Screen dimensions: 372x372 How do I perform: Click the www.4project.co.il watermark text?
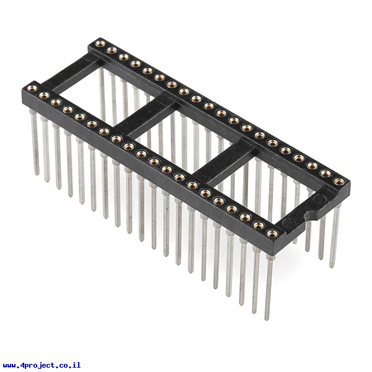coord(42,365)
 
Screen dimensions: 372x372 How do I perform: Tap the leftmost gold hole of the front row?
coord(32,88)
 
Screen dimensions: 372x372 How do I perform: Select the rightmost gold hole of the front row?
coord(272,234)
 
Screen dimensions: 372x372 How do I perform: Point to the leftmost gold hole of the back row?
coord(100,43)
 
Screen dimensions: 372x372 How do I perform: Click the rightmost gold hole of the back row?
coord(339,181)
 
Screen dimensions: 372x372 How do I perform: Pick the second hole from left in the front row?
coord(44,95)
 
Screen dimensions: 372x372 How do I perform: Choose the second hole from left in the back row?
coord(112,50)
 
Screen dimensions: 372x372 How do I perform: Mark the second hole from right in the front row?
coord(259,225)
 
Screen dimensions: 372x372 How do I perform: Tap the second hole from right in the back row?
coord(325,174)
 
